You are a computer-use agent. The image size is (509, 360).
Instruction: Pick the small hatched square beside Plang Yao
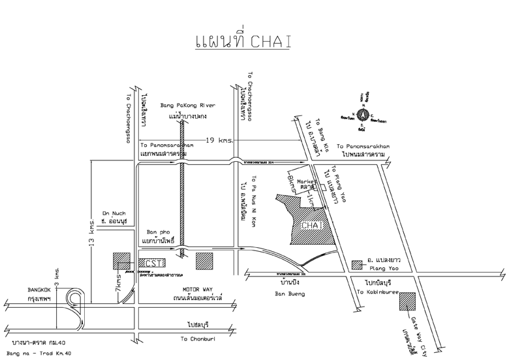tap(357, 264)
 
